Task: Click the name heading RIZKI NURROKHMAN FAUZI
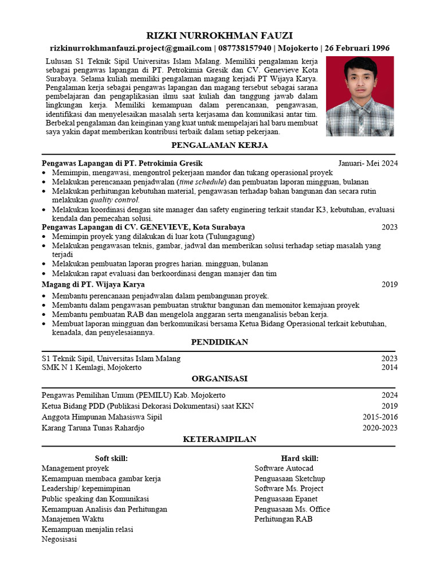coord(219,36)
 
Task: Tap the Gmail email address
coord(131,48)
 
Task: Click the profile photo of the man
coord(360,96)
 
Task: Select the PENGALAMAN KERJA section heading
coord(219,146)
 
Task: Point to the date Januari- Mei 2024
coord(367,163)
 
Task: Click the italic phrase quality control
coord(115,200)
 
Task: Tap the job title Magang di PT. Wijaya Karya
coord(93,284)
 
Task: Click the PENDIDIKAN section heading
coord(219,342)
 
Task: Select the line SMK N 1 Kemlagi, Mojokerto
coord(92,367)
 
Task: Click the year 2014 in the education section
coord(390,367)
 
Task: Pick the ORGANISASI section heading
coord(219,379)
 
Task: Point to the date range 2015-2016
coord(380,417)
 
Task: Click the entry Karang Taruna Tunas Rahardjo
coord(93,428)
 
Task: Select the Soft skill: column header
coord(111,459)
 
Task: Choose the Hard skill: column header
coord(300,459)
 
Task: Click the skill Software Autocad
coord(284,468)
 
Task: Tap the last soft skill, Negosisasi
coord(59,539)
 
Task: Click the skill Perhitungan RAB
coord(284,519)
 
